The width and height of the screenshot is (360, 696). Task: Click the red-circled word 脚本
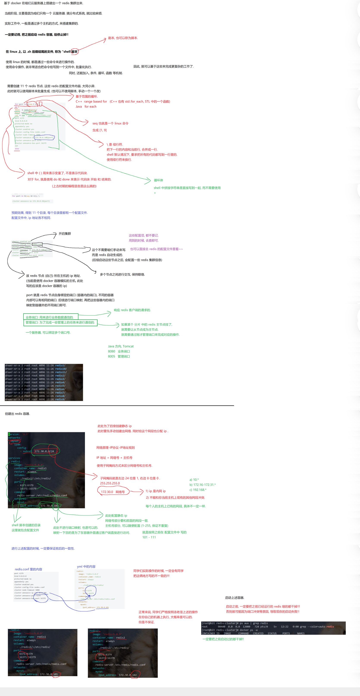tap(75, 52)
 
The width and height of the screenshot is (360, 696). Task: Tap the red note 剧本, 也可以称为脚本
tap(123, 38)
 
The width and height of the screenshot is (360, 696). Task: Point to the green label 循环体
tap(158, 180)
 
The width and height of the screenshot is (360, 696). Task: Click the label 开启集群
tap(65, 234)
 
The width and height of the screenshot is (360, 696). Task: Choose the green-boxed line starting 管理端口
tap(60, 322)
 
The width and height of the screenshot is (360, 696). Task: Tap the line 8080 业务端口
tap(119, 351)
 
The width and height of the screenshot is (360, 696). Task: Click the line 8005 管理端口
tap(119, 356)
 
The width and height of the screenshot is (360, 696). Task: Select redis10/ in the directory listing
tap(61, 369)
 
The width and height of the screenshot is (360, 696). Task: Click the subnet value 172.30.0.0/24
tap(44, 451)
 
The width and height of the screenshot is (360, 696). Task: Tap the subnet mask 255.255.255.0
tap(110, 483)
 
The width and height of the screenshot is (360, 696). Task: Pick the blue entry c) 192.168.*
tap(198, 490)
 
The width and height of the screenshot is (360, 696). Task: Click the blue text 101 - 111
tap(149, 537)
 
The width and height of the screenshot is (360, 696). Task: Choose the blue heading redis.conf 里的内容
tap(28, 569)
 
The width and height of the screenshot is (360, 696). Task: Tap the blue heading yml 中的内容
tap(86, 567)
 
